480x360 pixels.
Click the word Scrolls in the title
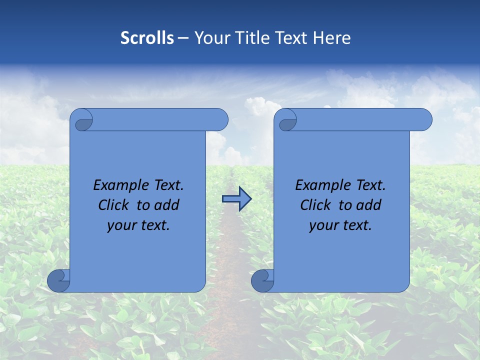pos(147,38)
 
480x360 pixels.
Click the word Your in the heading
pos(211,38)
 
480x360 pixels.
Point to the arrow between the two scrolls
pos(236,199)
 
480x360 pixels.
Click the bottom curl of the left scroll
pos(58,280)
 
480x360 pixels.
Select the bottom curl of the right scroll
pos(262,280)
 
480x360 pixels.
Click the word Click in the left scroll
pos(113,205)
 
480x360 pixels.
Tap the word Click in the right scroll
pos(315,205)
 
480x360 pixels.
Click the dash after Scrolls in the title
pos(183,38)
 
